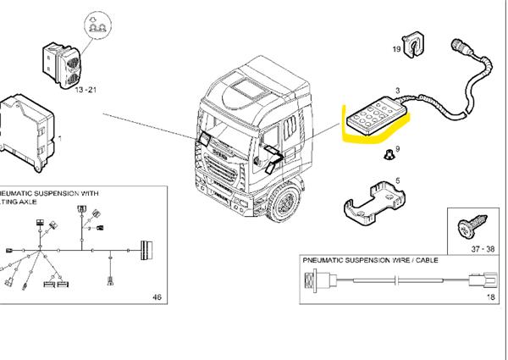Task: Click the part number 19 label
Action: tap(395, 50)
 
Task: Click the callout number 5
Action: tap(397, 181)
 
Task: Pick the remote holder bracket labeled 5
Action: tap(373, 204)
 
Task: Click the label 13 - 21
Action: tap(86, 89)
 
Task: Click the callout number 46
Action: tap(156, 297)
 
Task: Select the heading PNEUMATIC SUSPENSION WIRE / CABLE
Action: tap(370, 261)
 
